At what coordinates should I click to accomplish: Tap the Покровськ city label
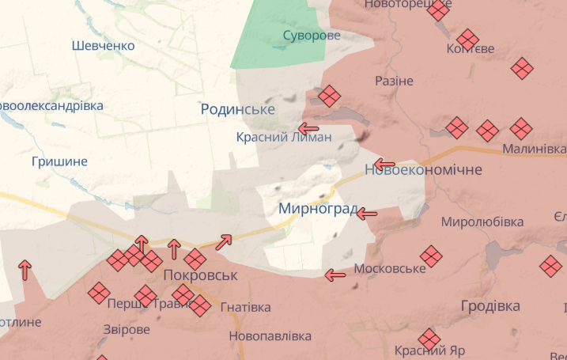click(200, 275)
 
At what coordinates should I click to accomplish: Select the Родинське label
click(237, 109)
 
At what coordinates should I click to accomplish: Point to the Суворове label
click(312, 36)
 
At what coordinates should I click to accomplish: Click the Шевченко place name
click(103, 46)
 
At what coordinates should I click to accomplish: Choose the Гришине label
click(59, 161)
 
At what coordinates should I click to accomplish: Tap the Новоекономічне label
click(423, 170)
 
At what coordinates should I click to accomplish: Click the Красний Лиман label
click(284, 137)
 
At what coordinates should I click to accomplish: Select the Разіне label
click(394, 81)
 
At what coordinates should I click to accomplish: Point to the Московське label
click(390, 269)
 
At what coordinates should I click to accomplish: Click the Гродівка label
click(490, 305)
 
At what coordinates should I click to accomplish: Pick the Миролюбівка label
click(482, 222)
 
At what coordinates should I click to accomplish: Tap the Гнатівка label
click(245, 307)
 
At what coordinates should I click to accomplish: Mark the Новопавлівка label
click(270, 336)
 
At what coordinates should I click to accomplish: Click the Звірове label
click(127, 329)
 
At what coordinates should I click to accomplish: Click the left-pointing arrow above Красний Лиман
click(308, 127)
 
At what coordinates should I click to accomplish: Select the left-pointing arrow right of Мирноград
click(367, 213)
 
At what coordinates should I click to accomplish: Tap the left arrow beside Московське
click(335, 275)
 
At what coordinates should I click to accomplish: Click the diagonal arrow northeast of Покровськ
click(224, 242)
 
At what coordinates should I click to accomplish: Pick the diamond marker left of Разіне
click(330, 97)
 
